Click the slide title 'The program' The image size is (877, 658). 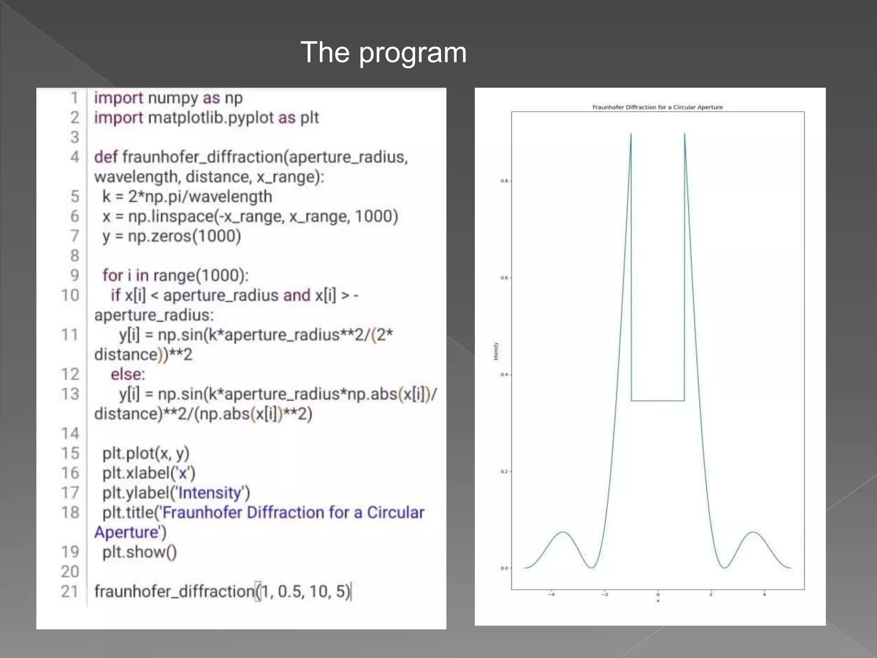coord(383,52)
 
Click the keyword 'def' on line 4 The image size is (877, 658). coord(105,157)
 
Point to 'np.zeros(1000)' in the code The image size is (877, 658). coord(184,236)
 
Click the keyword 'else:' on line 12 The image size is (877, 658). coord(128,374)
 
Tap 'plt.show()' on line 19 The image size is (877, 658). coord(139,552)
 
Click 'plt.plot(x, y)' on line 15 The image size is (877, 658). coord(146,453)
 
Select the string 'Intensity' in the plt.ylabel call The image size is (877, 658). coord(210,493)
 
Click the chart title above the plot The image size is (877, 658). coord(657,107)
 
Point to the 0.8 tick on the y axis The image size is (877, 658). coord(504,181)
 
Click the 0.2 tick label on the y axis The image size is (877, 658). coord(504,472)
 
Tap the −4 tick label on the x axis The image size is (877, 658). coord(552,595)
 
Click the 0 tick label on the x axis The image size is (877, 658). coord(658,595)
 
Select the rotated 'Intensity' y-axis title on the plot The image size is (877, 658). coord(496,351)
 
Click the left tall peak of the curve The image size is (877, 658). coord(631,135)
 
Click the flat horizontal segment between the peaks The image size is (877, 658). coord(657,401)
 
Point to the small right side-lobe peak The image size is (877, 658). coord(752,532)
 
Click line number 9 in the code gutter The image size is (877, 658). coord(75,275)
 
